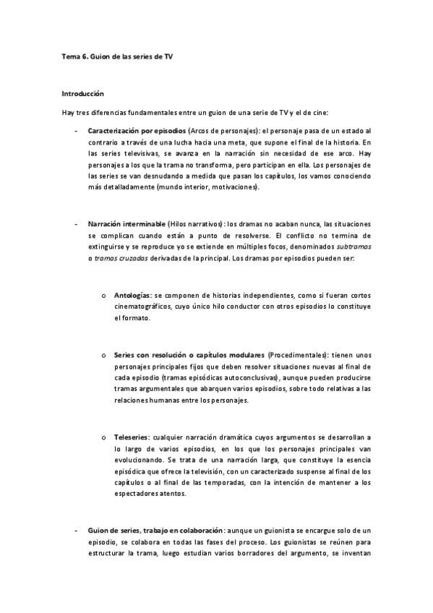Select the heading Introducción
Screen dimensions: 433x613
pyautogui.click(x=83, y=93)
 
